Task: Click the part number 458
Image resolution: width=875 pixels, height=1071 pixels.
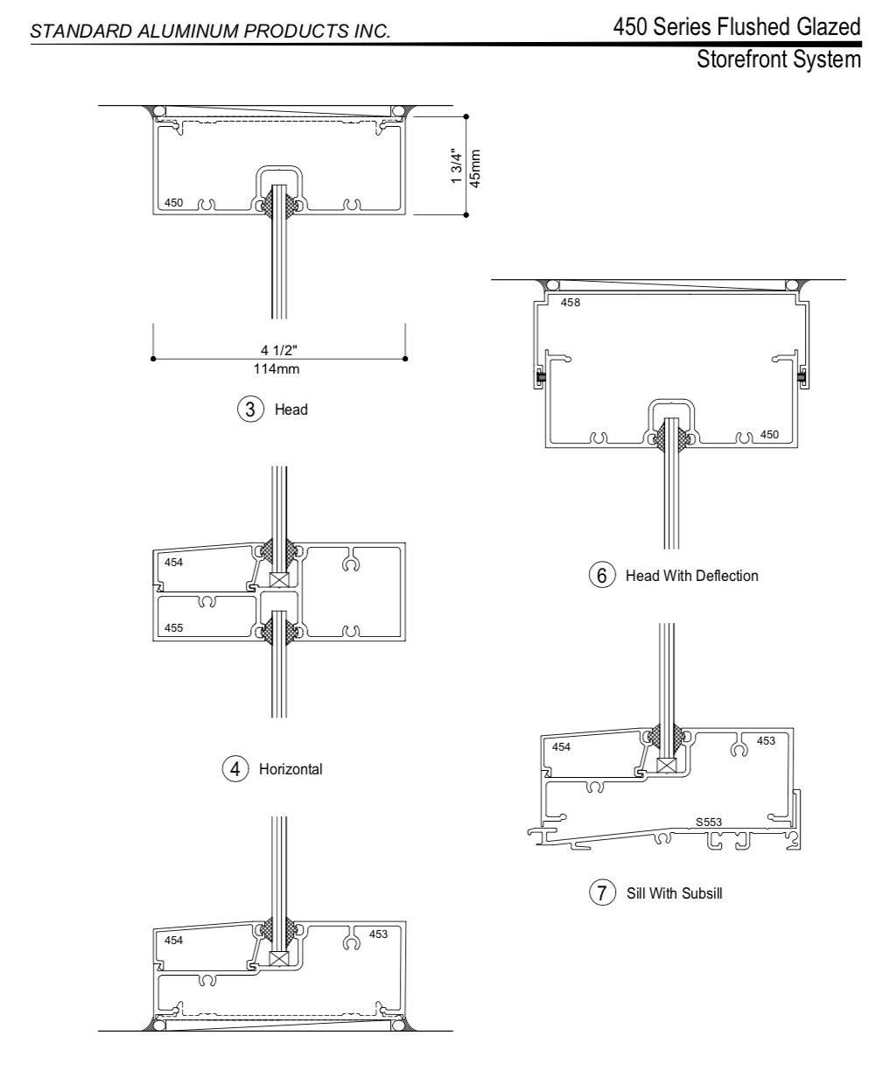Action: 570,303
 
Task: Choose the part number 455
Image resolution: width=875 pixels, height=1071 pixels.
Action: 175,628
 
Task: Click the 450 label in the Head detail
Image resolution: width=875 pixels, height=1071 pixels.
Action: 174,204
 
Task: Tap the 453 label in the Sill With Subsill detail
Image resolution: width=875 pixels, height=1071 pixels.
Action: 766,741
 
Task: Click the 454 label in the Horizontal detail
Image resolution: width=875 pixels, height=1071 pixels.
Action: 175,563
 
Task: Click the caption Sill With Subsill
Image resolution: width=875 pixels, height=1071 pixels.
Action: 673,896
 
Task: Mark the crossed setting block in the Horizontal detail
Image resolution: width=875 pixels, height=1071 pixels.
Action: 279,580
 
